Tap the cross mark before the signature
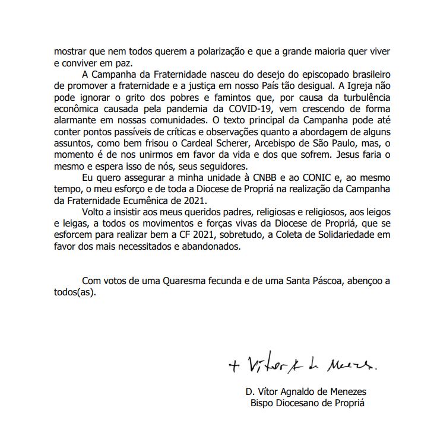point(234,366)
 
